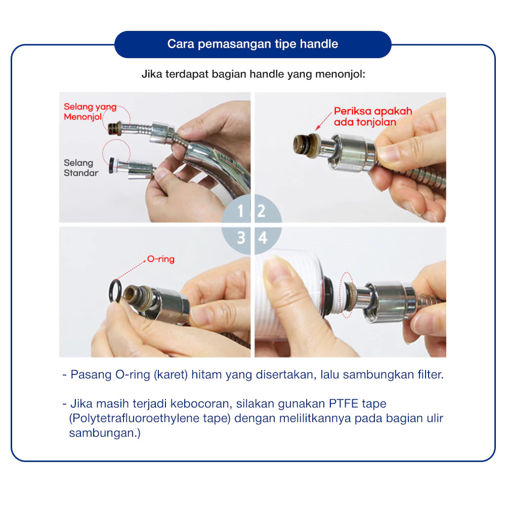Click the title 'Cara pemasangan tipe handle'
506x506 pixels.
[x=252, y=44]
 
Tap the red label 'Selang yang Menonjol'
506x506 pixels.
[x=90, y=112]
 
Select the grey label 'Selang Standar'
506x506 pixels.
[x=80, y=168]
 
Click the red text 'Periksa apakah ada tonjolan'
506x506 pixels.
[x=373, y=116]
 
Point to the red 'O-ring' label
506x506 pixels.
[x=161, y=259]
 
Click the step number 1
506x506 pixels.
[x=240, y=211]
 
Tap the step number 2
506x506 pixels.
[x=261, y=211]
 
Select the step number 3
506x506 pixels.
[x=241, y=238]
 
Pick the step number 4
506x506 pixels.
[x=263, y=238]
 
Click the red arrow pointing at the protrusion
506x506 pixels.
[x=323, y=121]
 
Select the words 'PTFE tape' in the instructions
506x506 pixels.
[x=357, y=404]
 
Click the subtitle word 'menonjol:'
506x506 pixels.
[x=340, y=74]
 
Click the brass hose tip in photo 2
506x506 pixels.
[x=305, y=145]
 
